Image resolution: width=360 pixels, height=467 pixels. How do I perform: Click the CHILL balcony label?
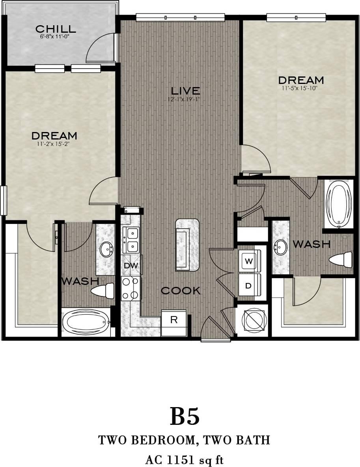pyautogui.click(x=55, y=29)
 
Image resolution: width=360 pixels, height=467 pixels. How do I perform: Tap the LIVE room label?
pyautogui.click(x=183, y=90)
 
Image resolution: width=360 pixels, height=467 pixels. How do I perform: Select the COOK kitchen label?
pyautogui.click(x=181, y=291)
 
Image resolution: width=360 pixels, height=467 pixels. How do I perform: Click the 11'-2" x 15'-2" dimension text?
pyautogui.click(x=54, y=144)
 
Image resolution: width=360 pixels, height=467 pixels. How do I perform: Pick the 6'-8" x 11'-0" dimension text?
pyautogui.click(x=55, y=36)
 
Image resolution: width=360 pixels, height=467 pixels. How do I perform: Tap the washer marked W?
pyautogui.click(x=248, y=261)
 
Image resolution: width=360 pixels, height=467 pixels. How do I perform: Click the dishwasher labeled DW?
pyautogui.click(x=131, y=266)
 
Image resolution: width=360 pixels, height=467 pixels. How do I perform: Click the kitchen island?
pyautogui.click(x=187, y=245)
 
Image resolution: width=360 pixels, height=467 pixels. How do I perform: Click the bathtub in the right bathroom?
pyautogui.click(x=339, y=204)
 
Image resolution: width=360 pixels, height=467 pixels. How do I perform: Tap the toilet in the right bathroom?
pyautogui.click(x=341, y=260)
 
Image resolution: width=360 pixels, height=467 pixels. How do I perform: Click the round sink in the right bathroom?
pyautogui.click(x=281, y=248)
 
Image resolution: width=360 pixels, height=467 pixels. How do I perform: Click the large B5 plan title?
pyautogui.click(x=185, y=417)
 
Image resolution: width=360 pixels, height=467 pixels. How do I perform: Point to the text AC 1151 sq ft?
pyautogui.click(x=185, y=459)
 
